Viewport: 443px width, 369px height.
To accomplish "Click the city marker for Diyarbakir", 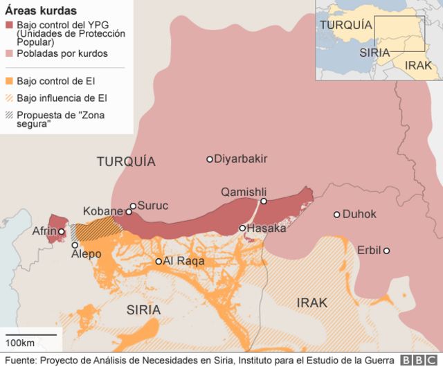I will [x=210, y=159].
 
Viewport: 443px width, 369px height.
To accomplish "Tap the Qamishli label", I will [x=244, y=192].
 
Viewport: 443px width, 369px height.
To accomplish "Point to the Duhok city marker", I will [x=337, y=215].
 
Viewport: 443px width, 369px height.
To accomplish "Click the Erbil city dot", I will [x=386, y=251].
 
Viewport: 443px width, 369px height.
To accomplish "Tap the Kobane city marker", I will [x=129, y=212].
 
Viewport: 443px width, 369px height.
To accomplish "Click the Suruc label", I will [x=154, y=206].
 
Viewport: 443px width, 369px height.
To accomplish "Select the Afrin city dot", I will [x=62, y=232].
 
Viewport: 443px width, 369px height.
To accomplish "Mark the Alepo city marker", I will [x=75, y=245].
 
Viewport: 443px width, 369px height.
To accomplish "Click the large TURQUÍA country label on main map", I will [x=126, y=162].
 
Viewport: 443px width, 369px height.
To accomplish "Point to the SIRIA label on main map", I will [x=143, y=309].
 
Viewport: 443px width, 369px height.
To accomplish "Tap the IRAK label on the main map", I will [x=311, y=303].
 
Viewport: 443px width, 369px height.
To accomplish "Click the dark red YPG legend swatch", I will [x=9, y=26].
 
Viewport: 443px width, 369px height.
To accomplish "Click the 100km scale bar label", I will [x=21, y=343].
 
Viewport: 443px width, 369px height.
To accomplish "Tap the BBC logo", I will [x=418, y=361].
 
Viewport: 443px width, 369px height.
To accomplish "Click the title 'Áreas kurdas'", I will [x=41, y=11].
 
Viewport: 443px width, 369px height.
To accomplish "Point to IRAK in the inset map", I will [x=418, y=65].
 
